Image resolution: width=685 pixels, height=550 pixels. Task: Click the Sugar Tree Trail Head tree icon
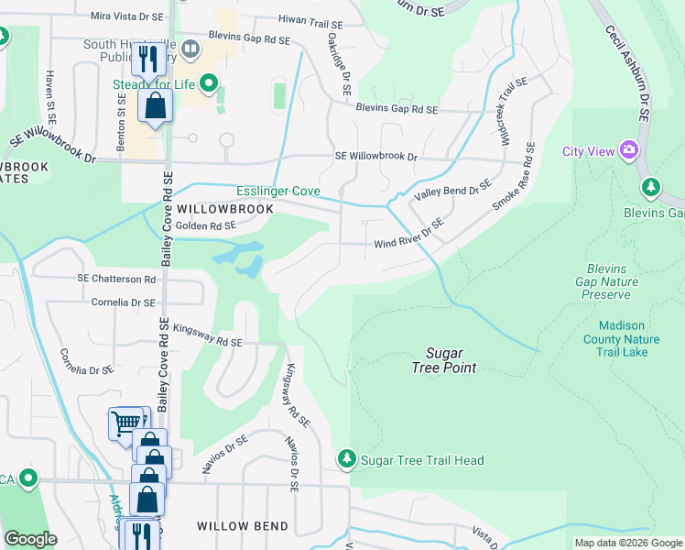346,458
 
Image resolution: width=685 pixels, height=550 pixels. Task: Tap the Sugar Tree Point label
444,360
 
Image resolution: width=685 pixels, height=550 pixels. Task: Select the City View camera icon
628,149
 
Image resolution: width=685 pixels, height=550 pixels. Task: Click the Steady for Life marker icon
209,86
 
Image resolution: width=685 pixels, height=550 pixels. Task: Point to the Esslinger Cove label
278,192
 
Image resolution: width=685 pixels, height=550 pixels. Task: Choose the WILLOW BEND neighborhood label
243,526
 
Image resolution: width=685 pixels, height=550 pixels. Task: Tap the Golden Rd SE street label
206,225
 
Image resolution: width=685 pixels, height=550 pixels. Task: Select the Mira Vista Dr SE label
128,16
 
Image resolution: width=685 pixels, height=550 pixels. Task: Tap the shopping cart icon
125,423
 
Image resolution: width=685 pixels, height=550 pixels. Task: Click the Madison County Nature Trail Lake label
623,339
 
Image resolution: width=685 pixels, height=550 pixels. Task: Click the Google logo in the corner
31,539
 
